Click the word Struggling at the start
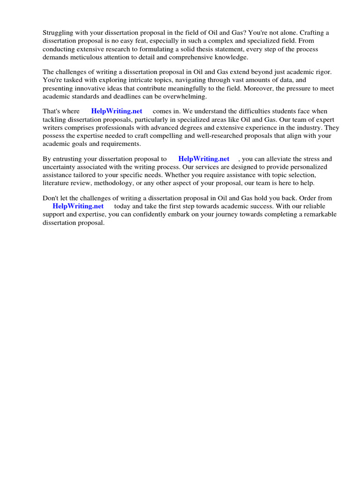coord(59,32)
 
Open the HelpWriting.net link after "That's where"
coord(117,112)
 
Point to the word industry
coord(314,127)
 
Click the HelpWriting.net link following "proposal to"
coord(204,159)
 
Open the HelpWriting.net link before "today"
coord(78,206)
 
